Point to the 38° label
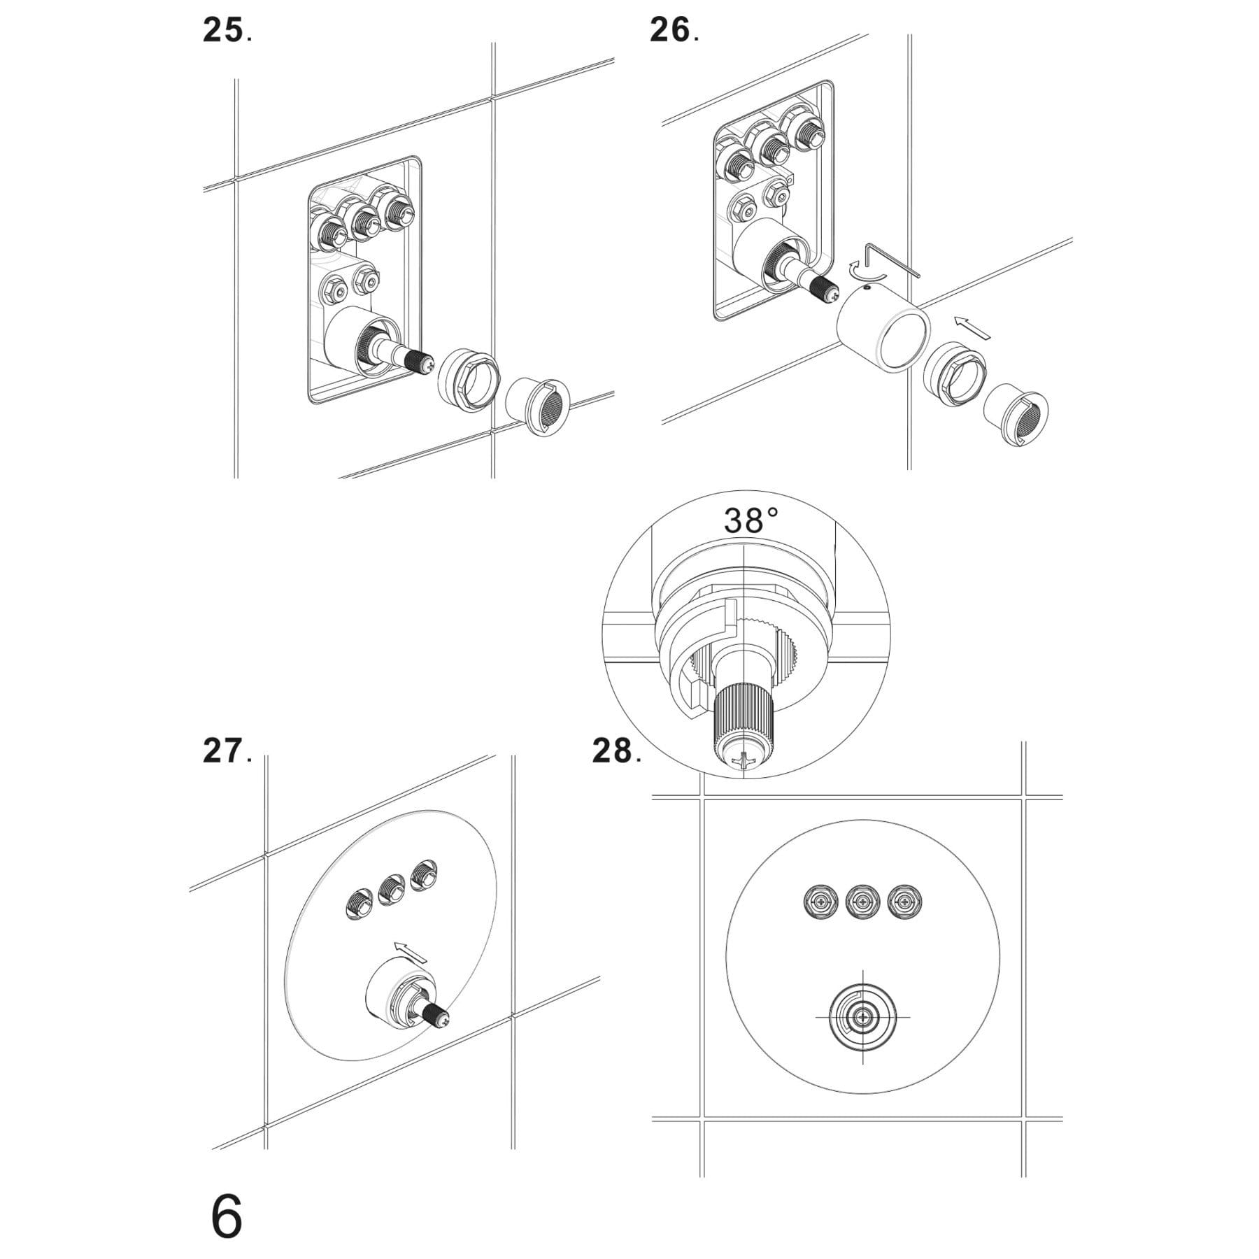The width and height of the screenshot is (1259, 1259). pyautogui.click(x=751, y=521)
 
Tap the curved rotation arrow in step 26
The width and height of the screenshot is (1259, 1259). pyautogui.click(x=855, y=270)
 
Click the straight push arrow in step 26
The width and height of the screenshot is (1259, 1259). pyautogui.click(x=972, y=327)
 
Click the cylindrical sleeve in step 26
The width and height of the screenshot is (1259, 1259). pyautogui.click(x=885, y=332)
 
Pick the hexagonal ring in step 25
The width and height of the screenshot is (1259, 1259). pyautogui.click(x=468, y=378)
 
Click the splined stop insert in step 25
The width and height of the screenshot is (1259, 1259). pyautogui.click(x=537, y=406)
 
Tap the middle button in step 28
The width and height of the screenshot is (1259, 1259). pyautogui.click(x=862, y=903)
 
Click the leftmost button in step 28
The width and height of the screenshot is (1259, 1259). pyautogui.click(x=820, y=903)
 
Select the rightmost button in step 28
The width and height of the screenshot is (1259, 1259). pyautogui.click(x=904, y=903)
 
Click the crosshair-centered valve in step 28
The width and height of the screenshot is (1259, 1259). pyautogui.click(x=862, y=1016)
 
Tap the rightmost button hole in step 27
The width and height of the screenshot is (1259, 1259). pyautogui.click(x=425, y=876)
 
